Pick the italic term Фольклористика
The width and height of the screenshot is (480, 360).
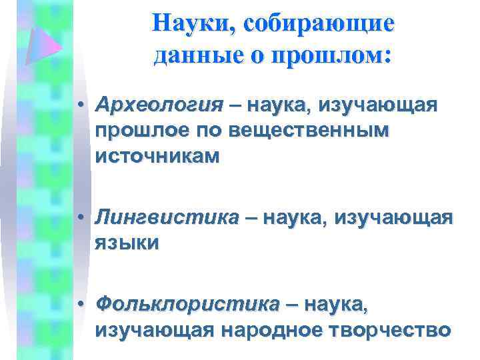point(187,305)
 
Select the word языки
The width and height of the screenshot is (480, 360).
point(127,243)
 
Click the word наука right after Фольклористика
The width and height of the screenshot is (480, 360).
point(334,305)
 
